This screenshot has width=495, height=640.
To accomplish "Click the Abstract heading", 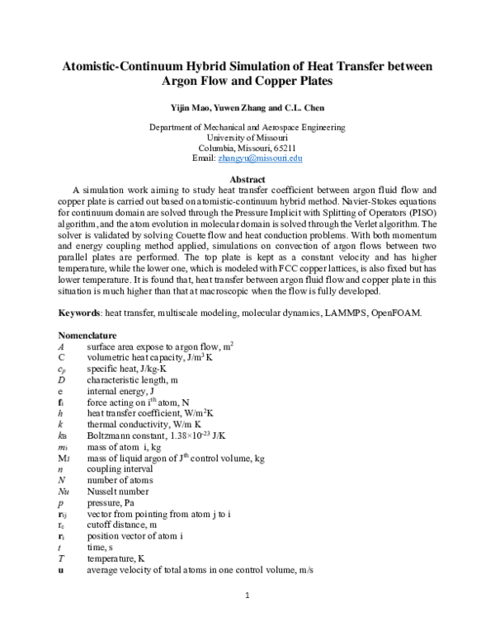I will [x=247, y=180].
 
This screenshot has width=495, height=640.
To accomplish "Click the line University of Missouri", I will [x=247, y=137].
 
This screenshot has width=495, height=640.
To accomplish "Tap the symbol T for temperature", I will [x=60, y=558].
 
